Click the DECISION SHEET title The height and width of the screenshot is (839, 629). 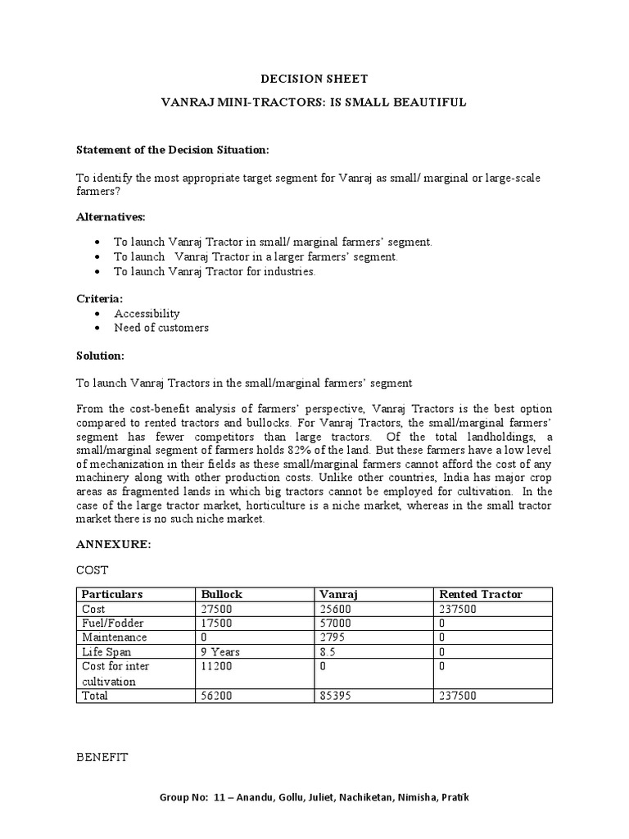point(314,79)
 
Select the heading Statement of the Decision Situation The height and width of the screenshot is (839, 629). point(172,150)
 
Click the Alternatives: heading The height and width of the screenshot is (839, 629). point(111,216)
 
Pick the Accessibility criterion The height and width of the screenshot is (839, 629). point(147,313)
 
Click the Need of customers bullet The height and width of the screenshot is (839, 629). point(161,328)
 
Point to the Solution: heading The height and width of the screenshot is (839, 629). point(100,356)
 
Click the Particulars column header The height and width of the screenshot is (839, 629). point(112,594)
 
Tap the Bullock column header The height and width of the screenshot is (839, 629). point(221,594)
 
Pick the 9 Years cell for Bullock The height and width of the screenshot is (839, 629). point(220,651)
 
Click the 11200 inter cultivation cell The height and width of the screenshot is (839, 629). point(217,666)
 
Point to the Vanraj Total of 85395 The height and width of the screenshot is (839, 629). point(335,696)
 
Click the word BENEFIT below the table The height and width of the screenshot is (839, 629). point(102,758)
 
